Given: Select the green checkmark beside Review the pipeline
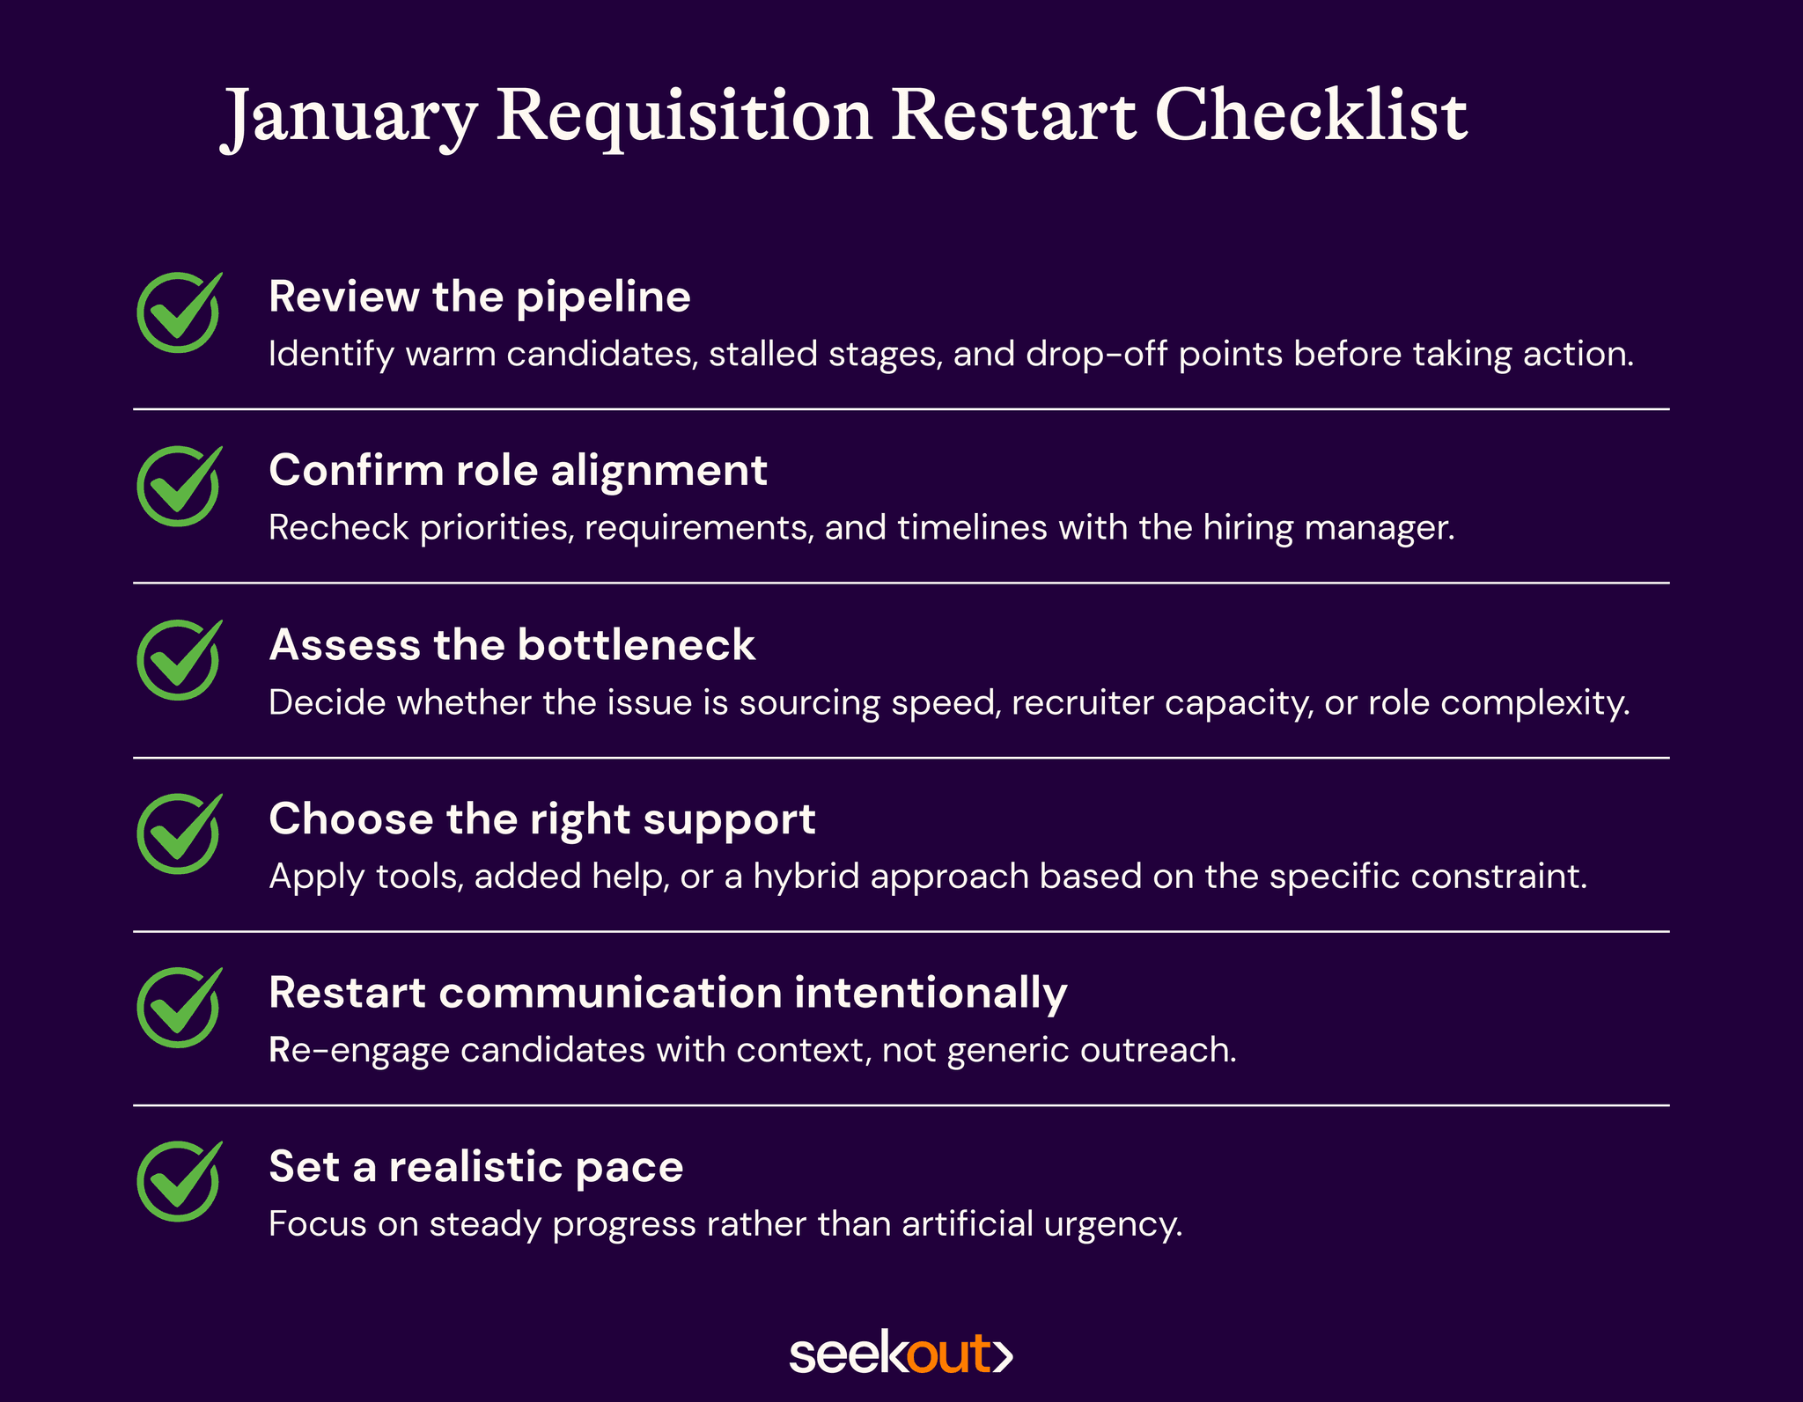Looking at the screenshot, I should point(179,313).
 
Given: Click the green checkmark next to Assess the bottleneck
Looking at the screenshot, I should point(179,661).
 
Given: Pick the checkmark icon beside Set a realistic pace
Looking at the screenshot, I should point(179,1182).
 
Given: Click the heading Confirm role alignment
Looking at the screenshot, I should point(518,470).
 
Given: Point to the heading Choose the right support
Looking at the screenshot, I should point(541,818).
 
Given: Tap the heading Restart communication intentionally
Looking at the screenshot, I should point(667,993).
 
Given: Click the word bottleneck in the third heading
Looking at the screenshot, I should point(636,645).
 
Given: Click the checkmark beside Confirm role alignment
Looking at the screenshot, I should point(179,487).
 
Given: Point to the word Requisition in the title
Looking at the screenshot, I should point(683,117).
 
